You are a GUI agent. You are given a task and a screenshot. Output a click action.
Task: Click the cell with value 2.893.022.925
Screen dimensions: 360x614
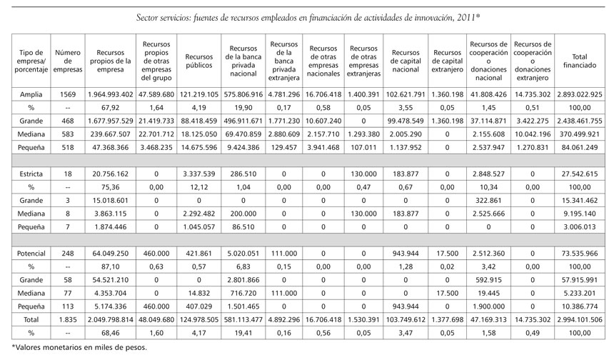pos(580,94)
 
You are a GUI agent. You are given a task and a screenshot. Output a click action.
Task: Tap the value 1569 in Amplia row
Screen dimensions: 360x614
pos(67,94)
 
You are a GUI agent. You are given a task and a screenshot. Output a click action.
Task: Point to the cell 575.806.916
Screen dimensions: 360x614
pos(245,94)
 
